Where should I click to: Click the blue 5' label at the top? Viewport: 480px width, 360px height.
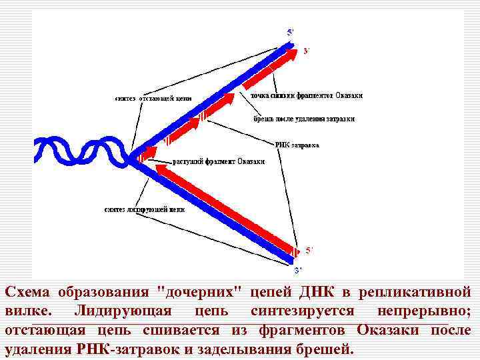click(290, 31)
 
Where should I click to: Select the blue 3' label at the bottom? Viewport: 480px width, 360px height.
click(299, 270)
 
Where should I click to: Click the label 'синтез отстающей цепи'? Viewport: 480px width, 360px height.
click(153, 98)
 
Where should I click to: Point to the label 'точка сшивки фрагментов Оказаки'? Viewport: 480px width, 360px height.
click(307, 95)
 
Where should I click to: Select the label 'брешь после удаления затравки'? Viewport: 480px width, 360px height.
click(304, 119)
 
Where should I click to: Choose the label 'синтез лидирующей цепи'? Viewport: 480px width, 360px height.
click(144, 209)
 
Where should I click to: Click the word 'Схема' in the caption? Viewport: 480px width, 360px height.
click(28, 292)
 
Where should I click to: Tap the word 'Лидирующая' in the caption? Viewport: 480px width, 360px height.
click(123, 311)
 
